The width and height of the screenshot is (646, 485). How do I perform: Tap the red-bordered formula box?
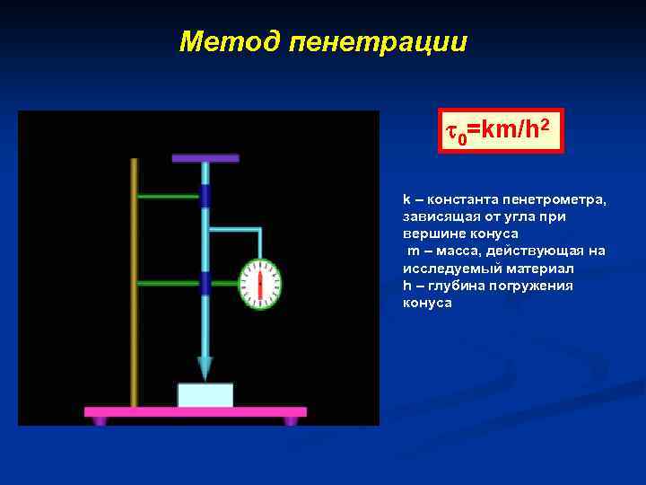(x=501, y=131)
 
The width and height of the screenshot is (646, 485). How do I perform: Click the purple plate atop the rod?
(x=205, y=158)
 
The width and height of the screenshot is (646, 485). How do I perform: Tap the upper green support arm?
(x=169, y=196)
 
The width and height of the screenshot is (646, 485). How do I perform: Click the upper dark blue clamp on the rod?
(x=205, y=196)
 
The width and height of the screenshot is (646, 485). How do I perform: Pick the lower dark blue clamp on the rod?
(x=205, y=283)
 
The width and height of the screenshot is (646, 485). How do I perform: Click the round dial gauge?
(x=260, y=284)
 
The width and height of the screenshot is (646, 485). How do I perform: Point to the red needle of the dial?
(x=260, y=285)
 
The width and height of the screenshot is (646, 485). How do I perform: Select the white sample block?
(x=205, y=395)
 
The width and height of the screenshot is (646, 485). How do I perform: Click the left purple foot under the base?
(x=100, y=420)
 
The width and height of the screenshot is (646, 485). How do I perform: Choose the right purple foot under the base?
(x=291, y=420)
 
